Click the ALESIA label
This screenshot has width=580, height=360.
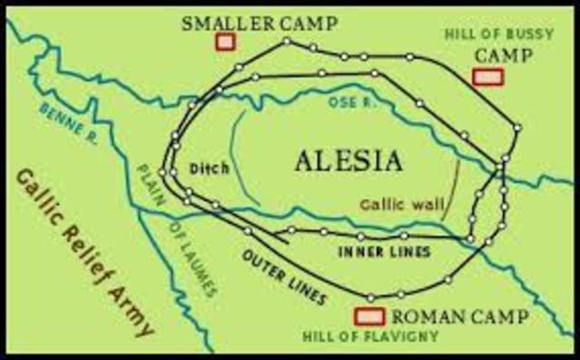(x=348, y=161)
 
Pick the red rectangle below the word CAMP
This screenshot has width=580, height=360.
(x=488, y=78)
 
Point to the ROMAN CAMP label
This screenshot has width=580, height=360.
(x=440, y=316)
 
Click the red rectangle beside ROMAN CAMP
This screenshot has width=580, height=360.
(x=367, y=316)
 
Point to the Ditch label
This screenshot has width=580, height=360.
(x=208, y=168)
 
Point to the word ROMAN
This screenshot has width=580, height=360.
(x=417, y=316)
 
